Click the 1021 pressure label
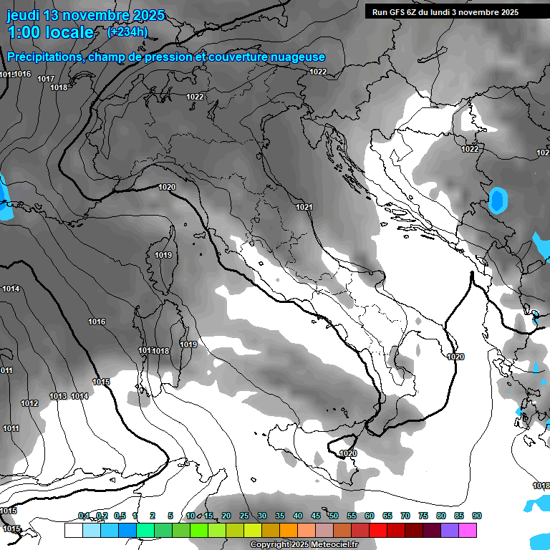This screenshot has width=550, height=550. pos(304,207)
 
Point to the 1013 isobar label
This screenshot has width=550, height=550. pos(58,396)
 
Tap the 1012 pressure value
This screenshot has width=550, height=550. pos(29,403)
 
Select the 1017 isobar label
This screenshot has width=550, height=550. pos(46,79)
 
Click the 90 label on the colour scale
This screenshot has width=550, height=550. pos(477,516)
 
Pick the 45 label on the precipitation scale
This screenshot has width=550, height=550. pos(316,516)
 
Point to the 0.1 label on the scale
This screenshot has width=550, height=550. pos(84,516)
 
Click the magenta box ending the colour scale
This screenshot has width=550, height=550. pos(468,531)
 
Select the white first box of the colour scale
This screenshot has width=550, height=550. pos(73,531)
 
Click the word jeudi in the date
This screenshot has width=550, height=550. pos(23,15)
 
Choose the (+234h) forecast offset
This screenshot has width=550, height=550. pos(127,32)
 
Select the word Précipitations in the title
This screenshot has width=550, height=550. pos(44,57)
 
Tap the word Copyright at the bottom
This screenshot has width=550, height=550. pos(271,544)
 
